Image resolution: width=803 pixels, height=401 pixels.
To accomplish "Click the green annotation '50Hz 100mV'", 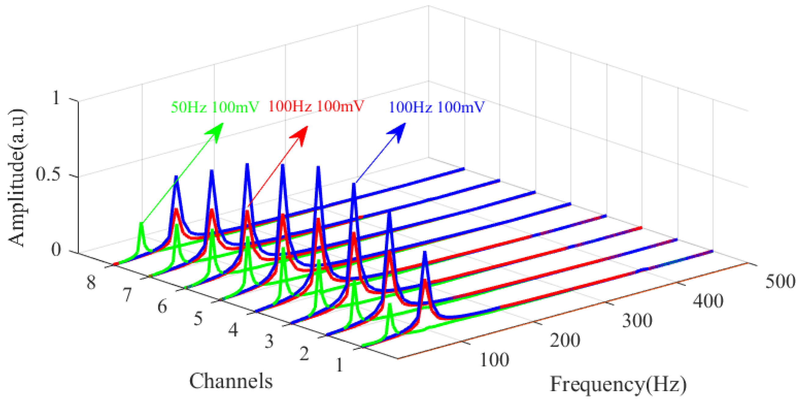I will click(215, 107).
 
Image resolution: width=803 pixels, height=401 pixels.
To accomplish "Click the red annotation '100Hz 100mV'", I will click(316, 106).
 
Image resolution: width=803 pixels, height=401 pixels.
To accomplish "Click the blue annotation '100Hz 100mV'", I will click(436, 107).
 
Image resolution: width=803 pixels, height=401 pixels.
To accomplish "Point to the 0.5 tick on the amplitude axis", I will click(50, 174).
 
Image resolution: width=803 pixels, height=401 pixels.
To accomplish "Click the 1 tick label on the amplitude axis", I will click(56, 98).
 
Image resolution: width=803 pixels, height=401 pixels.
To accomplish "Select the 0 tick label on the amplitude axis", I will click(56, 250).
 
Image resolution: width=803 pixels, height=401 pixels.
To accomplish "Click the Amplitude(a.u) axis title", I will click(16, 178).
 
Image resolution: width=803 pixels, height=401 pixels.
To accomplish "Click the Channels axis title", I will click(231, 381).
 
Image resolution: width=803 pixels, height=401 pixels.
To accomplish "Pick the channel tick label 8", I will click(91, 283).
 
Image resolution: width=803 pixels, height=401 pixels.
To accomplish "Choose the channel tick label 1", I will click(339, 365).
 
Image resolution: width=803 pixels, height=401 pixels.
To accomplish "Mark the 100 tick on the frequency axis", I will click(494, 359).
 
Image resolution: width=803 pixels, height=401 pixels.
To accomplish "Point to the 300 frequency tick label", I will click(637, 321).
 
